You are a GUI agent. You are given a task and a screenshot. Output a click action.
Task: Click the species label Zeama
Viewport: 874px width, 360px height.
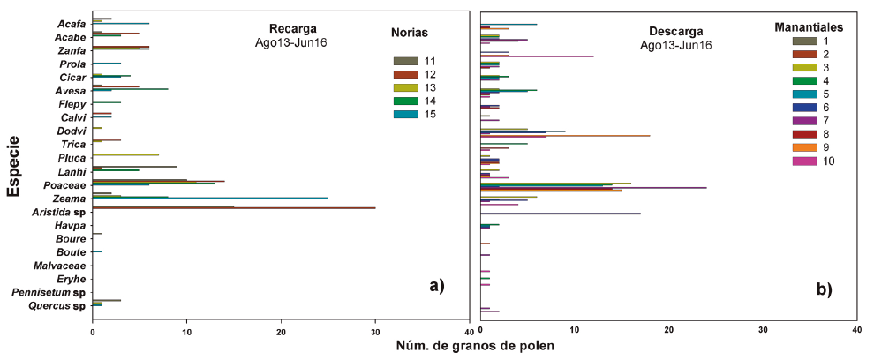point(68,199)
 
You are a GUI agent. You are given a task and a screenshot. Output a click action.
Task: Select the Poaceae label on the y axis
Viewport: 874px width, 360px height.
point(64,185)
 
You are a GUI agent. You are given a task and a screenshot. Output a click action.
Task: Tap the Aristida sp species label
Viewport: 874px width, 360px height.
point(58,213)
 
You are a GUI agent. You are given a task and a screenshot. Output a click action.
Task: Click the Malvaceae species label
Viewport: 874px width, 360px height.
point(59,266)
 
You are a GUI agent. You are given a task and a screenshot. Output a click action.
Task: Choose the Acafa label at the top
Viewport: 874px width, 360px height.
point(71,23)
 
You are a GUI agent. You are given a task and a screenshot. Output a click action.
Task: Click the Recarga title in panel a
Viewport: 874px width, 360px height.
point(292,27)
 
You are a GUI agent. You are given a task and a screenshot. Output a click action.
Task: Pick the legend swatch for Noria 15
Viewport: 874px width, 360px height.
point(405,114)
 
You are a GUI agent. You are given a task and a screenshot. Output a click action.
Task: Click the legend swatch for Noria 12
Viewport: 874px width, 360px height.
point(405,74)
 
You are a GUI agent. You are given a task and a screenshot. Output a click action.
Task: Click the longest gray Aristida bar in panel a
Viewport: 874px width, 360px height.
point(234,208)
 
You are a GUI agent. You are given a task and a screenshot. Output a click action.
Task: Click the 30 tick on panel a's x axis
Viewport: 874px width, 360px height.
point(375,332)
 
